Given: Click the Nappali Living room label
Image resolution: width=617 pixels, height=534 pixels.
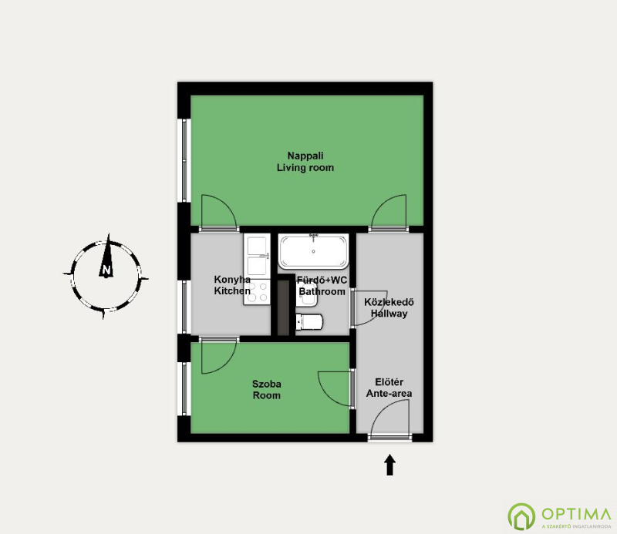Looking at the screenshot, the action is [x=305, y=162].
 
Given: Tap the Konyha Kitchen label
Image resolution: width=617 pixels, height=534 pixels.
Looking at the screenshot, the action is [x=232, y=285].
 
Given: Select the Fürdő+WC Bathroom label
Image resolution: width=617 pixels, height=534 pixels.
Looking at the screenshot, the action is [x=322, y=286].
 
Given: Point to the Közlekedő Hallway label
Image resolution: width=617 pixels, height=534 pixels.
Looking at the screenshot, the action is [x=389, y=308].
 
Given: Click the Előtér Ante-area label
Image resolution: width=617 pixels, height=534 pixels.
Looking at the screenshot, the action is [x=389, y=388].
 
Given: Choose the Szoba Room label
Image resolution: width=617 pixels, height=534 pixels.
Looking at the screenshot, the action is [x=266, y=390].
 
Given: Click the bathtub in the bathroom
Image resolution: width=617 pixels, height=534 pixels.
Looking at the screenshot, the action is [x=313, y=251].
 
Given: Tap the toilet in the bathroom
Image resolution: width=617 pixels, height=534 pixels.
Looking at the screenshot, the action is [x=309, y=321].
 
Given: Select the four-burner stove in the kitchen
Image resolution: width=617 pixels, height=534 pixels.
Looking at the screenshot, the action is [x=257, y=291].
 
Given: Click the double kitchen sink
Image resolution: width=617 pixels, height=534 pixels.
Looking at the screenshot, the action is [x=257, y=256].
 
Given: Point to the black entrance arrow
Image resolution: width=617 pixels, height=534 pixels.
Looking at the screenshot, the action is [x=389, y=465].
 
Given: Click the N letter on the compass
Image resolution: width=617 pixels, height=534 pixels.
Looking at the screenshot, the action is [x=106, y=270].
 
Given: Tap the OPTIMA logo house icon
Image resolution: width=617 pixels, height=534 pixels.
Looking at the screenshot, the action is [x=521, y=516].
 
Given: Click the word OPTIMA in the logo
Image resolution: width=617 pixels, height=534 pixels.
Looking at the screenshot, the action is [x=576, y=514].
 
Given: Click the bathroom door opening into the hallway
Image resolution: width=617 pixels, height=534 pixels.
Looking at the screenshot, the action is [x=369, y=309].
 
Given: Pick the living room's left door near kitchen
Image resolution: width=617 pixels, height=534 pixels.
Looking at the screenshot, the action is [x=219, y=212].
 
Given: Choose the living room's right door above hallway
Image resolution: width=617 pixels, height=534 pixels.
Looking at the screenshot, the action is [x=389, y=212].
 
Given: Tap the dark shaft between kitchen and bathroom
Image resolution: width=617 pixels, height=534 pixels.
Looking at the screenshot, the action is [x=283, y=307].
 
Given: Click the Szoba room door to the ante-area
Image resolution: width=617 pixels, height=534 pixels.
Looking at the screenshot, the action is [x=335, y=388].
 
